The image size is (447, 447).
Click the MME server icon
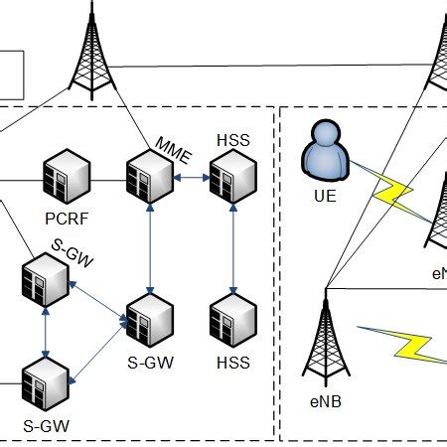(150, 178)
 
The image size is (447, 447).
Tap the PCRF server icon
(67, 179)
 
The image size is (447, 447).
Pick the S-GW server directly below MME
(150, 319)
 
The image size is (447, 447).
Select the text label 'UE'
(324, 196)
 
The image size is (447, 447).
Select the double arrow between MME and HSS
(191, 179)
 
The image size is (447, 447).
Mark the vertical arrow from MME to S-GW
(150, 248)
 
